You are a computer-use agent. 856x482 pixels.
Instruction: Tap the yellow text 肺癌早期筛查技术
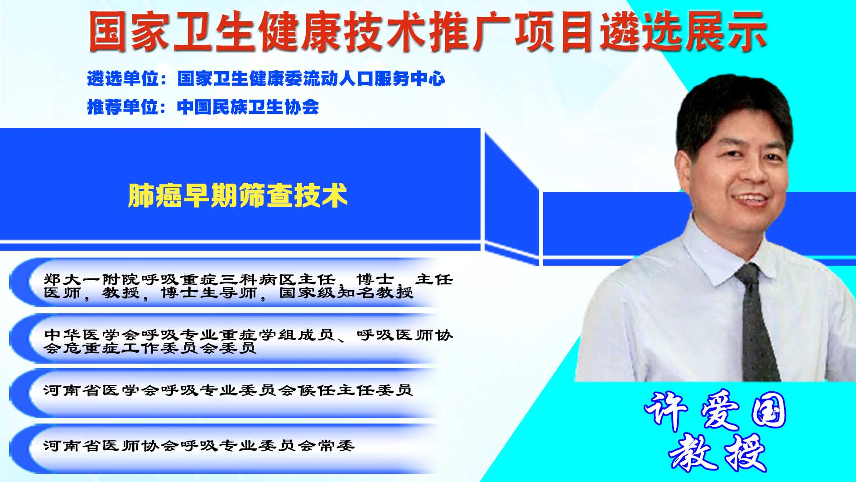click(238, 195)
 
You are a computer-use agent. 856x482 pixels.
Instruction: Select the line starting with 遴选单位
click(266, 79)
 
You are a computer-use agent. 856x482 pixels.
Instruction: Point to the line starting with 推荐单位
click(203, 107)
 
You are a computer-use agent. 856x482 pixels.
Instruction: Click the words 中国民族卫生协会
click(248, 107)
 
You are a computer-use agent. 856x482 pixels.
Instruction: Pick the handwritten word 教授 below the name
click(717, 452)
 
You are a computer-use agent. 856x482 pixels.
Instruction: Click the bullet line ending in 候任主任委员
click(228, 390)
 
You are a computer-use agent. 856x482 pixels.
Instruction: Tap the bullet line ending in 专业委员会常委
click(199, 446)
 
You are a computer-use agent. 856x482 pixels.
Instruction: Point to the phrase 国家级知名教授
click(346, 292)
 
